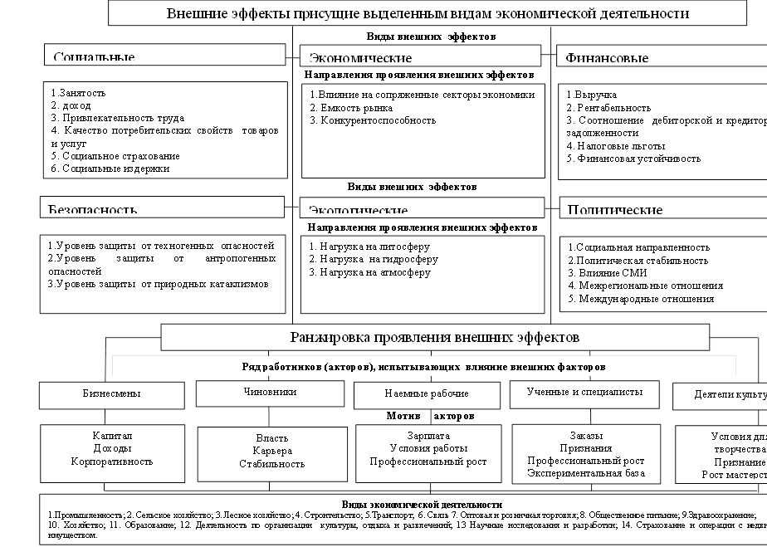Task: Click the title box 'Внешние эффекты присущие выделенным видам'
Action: point(427,14)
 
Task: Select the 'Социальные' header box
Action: point(164,56)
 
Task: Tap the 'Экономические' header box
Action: point(421,56)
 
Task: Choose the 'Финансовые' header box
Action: point(661,56)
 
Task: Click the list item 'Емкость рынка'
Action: point(351,108)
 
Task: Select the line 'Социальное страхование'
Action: point(115,156)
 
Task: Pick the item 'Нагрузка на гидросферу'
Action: point(373,259)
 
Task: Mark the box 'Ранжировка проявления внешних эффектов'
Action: point(435,337)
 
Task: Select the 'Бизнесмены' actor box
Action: point(111,393)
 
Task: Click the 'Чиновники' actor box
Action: point(271,393)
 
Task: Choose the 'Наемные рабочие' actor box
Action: point(427,393)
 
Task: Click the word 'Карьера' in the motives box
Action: point(272,451)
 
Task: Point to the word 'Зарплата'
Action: point(428,436)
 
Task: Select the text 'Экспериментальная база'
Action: point(586,473)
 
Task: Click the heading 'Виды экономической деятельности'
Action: point(422,504)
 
